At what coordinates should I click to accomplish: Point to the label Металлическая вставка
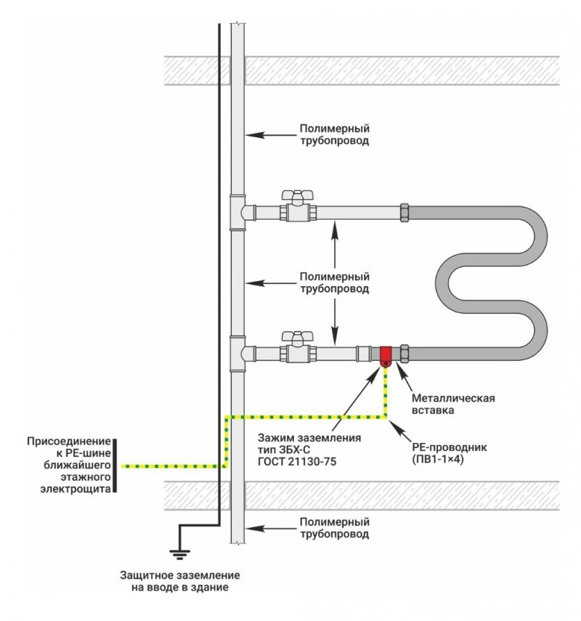[x=453, y=404]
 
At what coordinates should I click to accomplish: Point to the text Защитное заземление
[x=179, y=575]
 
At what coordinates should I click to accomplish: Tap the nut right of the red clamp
[x=405, y=354]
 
